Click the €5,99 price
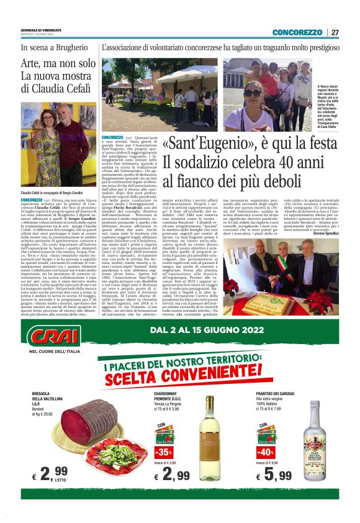[274, 476]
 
